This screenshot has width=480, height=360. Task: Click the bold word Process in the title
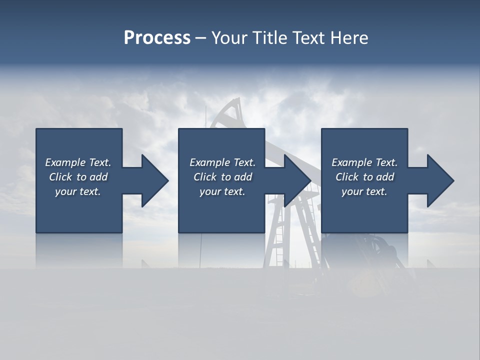pyautogui.click(x=157, y=38)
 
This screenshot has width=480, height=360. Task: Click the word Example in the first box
pyautogui.click(x=65, y=162)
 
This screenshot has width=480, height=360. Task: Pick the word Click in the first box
pyautogui.click(x=60, y=177)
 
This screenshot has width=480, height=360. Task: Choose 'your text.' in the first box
pyautogui.click(x=78, y=191)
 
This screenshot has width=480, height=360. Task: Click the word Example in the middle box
pyautogui.click(x=209, y=162)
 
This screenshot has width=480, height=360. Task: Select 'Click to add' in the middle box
pyautogui.click(x=222, y=177)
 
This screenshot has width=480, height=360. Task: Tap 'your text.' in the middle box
pyautogui.click(x=222, y=191)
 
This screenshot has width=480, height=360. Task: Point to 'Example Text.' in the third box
pyautogui.click(x=364, y=162)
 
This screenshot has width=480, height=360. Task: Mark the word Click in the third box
pyautogui.click(x=347, y=177)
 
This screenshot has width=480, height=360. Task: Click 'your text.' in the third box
pyautogui.click(x=364, y=191)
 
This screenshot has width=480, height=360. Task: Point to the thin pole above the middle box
pyautogui.click(x=205, y=117)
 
